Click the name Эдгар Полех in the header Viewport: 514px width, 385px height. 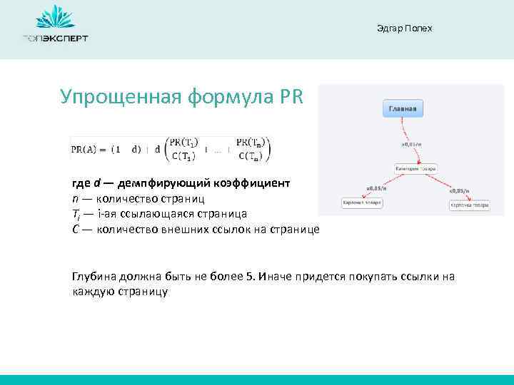point(403,29)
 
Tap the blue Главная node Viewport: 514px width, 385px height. point(405,109)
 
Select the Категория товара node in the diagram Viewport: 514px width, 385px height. point(416,168)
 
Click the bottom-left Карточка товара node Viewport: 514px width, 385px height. point(362,203)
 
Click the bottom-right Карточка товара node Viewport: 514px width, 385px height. point(469,205)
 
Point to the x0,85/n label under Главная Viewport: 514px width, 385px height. point(412,144)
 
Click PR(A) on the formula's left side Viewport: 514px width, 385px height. point(85,149)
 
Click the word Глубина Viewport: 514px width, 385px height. point(94,277)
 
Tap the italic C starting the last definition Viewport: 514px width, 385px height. point(76,229)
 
